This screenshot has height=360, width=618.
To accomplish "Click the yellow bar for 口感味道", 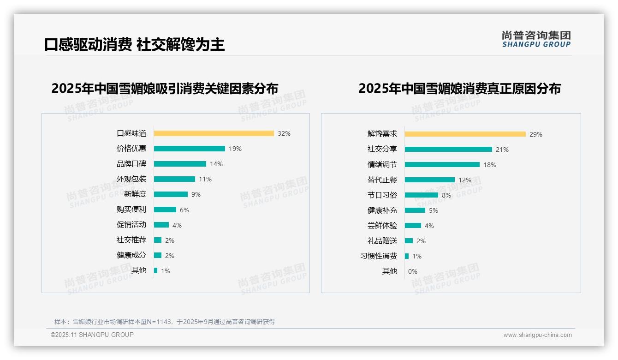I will tap(214, 133).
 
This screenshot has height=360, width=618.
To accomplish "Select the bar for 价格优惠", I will tap(189, 149).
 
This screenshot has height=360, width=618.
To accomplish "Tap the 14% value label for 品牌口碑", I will tap(216, 164).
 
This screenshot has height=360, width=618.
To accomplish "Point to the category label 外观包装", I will tap(131, 179).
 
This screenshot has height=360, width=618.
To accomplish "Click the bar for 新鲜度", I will tap(171, 194).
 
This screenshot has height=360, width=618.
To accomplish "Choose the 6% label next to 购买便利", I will tap(184, 210).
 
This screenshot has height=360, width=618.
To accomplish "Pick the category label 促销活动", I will tap(131, 225).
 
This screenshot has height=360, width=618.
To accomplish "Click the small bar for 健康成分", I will tap(158, 255).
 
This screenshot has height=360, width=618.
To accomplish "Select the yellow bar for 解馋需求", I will tap(465, 134).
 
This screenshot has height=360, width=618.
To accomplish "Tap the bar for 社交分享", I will tap(448, 150).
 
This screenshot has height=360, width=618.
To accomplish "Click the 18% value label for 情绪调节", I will tap(489, 165).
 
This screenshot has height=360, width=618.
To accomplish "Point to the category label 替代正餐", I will tap(382, 180).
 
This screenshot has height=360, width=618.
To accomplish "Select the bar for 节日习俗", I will tap(421, 195).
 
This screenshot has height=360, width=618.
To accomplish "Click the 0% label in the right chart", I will tap(412, 271).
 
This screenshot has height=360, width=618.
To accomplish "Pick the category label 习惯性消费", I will tap(378, 256).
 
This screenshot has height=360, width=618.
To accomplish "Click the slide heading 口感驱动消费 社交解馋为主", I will tap(134, 45).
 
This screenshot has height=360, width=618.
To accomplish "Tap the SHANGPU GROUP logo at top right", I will tap(536, 39).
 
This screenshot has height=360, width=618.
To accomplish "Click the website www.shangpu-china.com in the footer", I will tap(537, 335).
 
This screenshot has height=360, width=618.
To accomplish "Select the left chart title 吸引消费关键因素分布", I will tap(165, 89).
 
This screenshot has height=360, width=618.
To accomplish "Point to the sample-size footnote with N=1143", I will tap(165, 322).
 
